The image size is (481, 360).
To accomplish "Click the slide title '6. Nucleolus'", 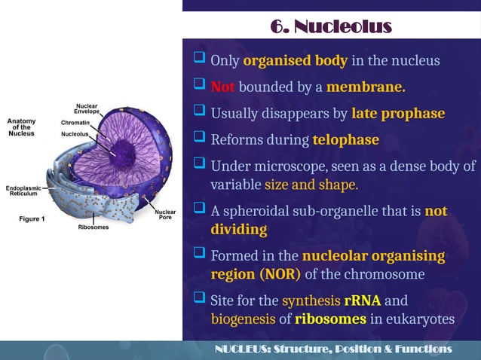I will pos(332,28).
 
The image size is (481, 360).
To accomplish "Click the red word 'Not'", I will pos(222,87).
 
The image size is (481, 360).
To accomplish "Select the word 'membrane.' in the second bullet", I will pos(366,87).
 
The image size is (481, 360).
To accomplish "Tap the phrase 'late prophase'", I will pos(398,114).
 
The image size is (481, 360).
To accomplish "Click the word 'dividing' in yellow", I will pos(238,227).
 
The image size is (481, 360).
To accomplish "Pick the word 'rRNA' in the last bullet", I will pos(362,301).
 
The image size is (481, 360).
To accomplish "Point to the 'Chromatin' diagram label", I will pos(75,122).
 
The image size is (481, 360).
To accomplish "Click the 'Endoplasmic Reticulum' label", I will pos(25,190).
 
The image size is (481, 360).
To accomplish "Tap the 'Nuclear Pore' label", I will pos(165,215).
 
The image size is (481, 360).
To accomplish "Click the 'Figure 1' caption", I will pos(31,219).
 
